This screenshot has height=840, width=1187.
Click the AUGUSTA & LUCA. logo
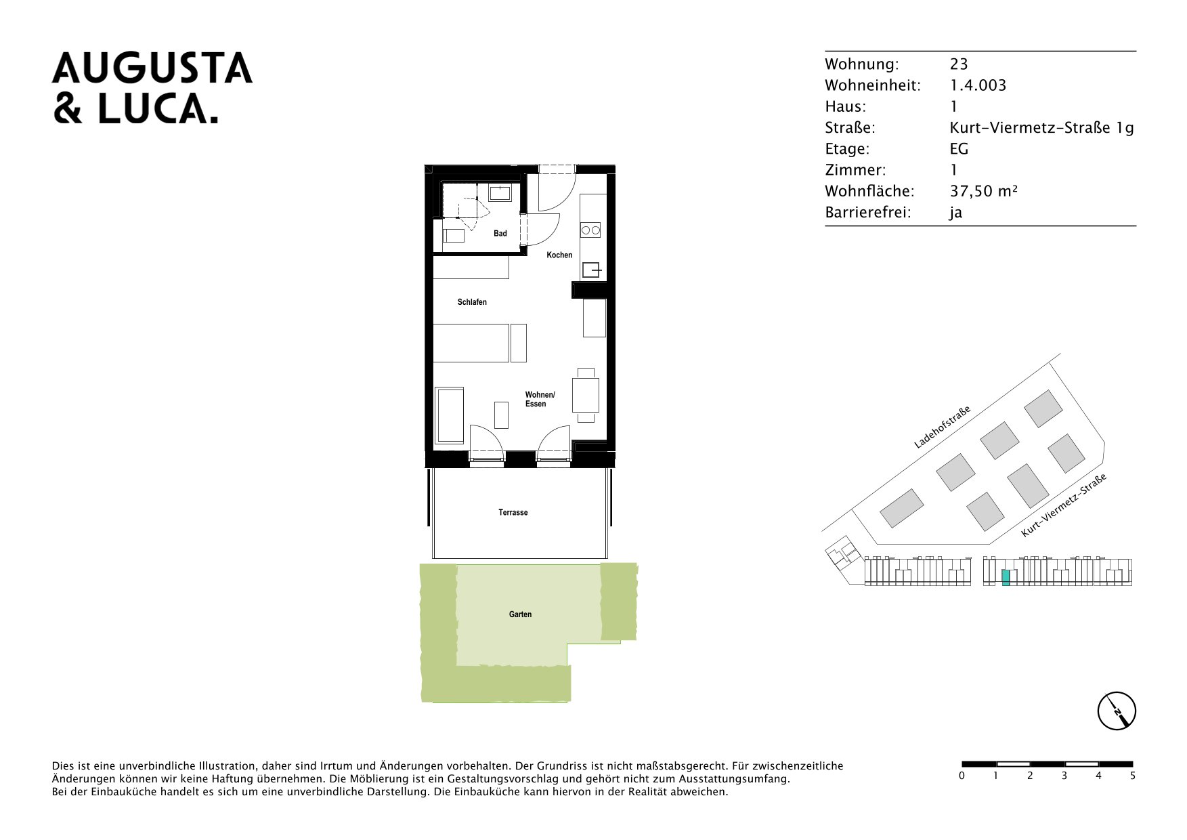coord(152,88)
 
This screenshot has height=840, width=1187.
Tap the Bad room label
coord(500,234)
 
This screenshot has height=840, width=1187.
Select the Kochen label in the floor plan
coord(559,255)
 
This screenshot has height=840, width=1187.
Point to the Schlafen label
coord(472,302)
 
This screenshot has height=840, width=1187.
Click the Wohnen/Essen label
coord(540,400)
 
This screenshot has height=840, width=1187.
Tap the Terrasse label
coord(513,513)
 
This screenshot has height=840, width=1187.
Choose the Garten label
coord(520,614)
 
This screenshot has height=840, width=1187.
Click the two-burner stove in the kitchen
coord(590,230)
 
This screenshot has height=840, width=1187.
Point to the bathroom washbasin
coord(500,193)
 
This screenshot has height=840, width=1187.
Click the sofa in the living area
coord(449,415)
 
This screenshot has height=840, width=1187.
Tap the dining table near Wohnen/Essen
coord(586,395)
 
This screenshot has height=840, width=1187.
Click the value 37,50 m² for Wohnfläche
coord(983,192)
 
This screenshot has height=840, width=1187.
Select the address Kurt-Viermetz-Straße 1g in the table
coord(1041,128)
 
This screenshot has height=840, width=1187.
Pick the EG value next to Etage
coord(959,149)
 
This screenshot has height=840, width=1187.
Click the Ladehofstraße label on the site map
coord(942,427)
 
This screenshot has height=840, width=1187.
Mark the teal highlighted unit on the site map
coord(1006,578)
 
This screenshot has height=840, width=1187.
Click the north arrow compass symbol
coord(1117,711)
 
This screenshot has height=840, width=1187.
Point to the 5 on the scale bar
coord(1133,776)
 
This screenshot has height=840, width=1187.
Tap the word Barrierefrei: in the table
coord(868,213)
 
